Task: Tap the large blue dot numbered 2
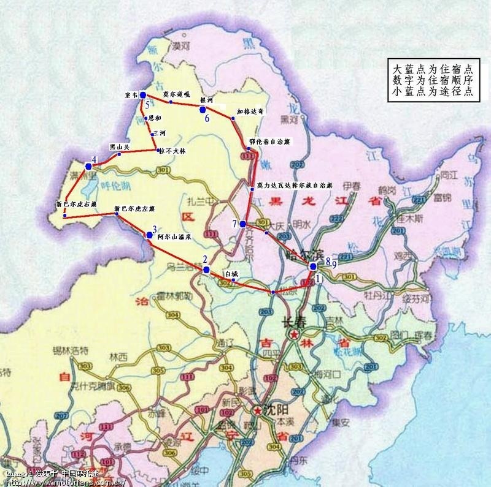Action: tap(206, 269)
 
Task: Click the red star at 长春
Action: tap(296, 335)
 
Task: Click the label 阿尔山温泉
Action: tap(173, 236)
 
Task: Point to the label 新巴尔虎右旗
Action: tap(75, 205)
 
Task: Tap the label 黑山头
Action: tap(120, 147)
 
